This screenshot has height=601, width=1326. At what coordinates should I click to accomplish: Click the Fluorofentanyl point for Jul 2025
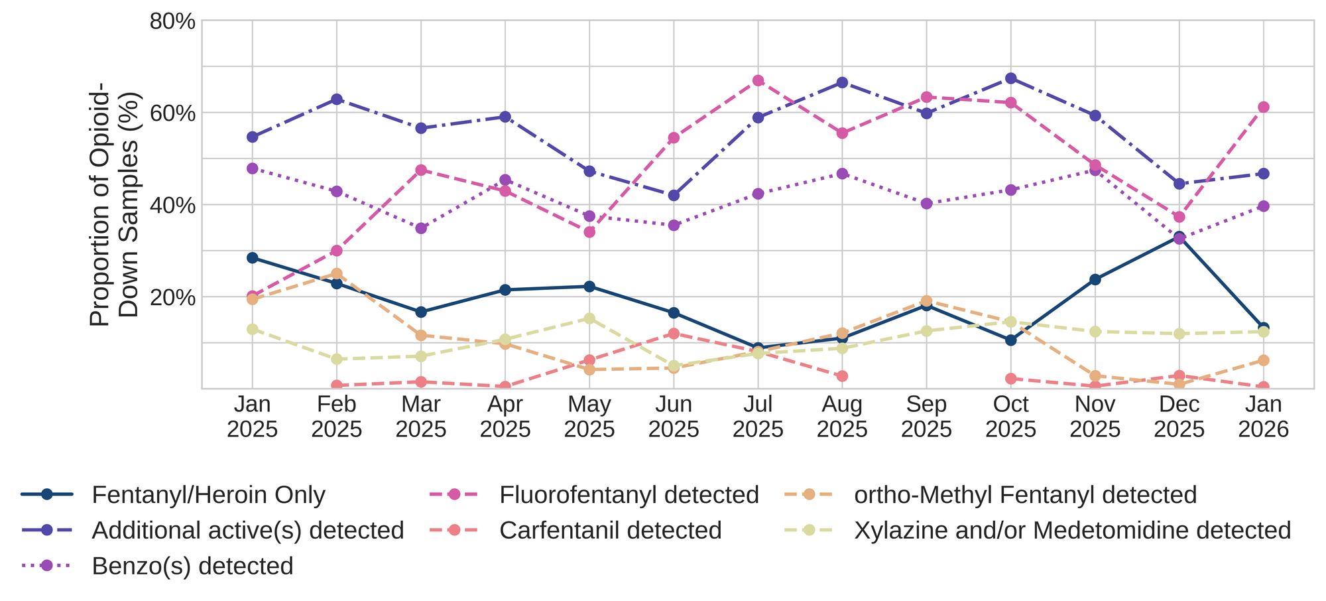(758, 81)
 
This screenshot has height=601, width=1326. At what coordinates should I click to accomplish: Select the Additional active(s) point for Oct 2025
(1010, 78)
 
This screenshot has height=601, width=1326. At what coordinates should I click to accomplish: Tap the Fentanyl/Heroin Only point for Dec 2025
(1179, 237)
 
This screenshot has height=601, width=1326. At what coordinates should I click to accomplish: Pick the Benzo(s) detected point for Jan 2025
(252, 168)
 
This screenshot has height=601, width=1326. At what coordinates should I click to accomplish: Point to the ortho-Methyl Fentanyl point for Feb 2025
(337, 274)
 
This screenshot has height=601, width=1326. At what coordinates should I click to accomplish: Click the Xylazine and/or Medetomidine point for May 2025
(589, 318)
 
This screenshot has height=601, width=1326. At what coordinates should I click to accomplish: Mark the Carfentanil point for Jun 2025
(674, 334)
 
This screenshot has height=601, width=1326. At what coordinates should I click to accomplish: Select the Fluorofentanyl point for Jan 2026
(1263, 107)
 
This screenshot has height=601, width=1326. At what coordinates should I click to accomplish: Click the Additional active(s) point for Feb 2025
(337, 100)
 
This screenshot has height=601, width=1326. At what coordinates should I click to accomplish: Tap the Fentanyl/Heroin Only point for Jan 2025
(252, 258)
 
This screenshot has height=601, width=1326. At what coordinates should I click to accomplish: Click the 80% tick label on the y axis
(172, 22)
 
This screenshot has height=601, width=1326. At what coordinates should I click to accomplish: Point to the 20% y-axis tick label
(172, 297)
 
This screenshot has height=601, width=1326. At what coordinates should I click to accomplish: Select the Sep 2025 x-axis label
(926, 417)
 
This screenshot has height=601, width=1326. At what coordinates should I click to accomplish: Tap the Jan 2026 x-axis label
(1263, 417)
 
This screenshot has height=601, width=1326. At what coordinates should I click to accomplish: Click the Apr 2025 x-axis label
(505, 417)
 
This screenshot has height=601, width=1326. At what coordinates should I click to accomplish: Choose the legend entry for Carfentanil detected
(610, 531)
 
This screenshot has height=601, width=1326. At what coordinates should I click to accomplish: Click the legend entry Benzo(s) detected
(192, 566)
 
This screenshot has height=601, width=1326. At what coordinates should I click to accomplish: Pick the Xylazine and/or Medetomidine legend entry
(1072, 531)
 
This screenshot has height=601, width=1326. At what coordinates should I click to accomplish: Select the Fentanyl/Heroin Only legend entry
(209, 495)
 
